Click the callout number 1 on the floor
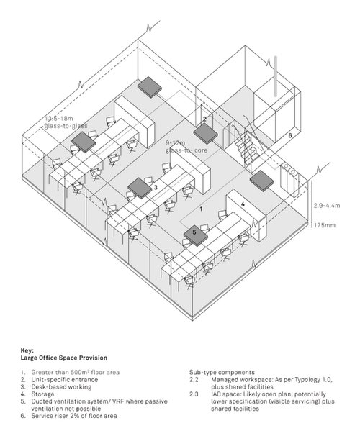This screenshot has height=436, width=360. coord(202,208)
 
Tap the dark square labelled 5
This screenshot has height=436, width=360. coord(195,233)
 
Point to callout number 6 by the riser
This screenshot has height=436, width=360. coord(289,135)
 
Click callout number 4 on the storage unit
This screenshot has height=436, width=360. coord(243,204)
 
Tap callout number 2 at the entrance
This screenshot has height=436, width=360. coord(204,119)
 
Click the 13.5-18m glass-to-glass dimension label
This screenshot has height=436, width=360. coord(65,122)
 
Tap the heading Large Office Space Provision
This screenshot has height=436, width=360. coord(63,357)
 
